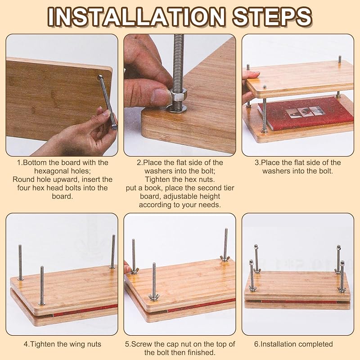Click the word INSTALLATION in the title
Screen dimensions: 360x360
136,17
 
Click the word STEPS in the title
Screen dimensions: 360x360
272,17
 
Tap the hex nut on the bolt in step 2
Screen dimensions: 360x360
179,98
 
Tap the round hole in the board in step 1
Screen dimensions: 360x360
99,76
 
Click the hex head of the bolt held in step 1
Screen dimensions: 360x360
114,127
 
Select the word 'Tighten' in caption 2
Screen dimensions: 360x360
159,179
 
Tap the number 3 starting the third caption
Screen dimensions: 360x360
256,163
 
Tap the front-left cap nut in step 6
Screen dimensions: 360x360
251,262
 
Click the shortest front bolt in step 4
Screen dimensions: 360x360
42,286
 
